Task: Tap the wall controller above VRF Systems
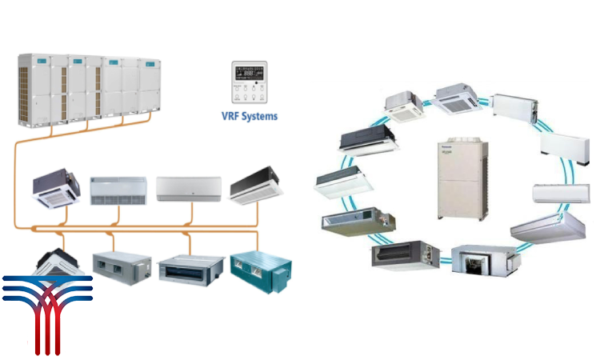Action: [249, 82]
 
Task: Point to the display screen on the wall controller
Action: [249, 72]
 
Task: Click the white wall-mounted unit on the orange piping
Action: [185, 188]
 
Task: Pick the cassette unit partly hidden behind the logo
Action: [56, 261]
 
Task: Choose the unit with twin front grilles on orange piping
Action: [118, 190]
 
